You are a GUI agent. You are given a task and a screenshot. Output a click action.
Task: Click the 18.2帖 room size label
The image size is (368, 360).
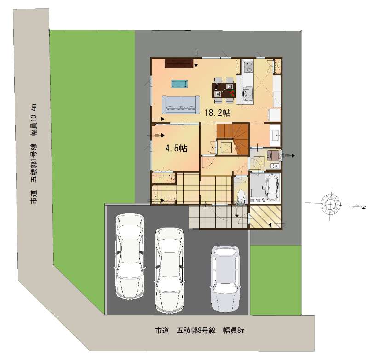click(218, 113)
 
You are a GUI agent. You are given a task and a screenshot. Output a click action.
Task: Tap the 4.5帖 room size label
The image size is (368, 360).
click(176, 148)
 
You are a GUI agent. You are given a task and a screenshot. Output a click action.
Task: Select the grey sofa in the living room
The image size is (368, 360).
click(181, 105)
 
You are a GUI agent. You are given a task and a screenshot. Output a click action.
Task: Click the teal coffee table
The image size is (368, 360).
click(179, 84)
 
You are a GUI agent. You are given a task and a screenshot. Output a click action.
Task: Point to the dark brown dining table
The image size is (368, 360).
click(224, 90)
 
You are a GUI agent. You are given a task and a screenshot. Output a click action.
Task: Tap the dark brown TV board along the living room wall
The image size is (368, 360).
click(179, 63)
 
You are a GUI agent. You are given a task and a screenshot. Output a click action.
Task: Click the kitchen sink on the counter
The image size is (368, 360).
click(247, 91)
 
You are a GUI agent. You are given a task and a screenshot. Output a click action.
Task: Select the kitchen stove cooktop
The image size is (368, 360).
click(248, 66)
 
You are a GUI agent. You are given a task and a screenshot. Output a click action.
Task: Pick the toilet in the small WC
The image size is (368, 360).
click(241, 195)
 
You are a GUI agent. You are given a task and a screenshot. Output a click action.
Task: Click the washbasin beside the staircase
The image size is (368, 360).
click(275, 135)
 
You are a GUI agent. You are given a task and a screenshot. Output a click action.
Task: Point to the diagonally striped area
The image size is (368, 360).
click(265, 217)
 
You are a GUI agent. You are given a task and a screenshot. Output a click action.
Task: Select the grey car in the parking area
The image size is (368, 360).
click(225, 279)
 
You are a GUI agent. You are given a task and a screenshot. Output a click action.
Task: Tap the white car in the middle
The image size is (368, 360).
click(169, 270)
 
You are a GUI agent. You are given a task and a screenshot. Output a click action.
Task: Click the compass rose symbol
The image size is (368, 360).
click(330, 204)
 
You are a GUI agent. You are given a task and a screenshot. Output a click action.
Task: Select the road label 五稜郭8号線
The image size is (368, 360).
click(196, 331)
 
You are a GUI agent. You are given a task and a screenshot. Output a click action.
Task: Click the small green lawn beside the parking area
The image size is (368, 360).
click(276, 280)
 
